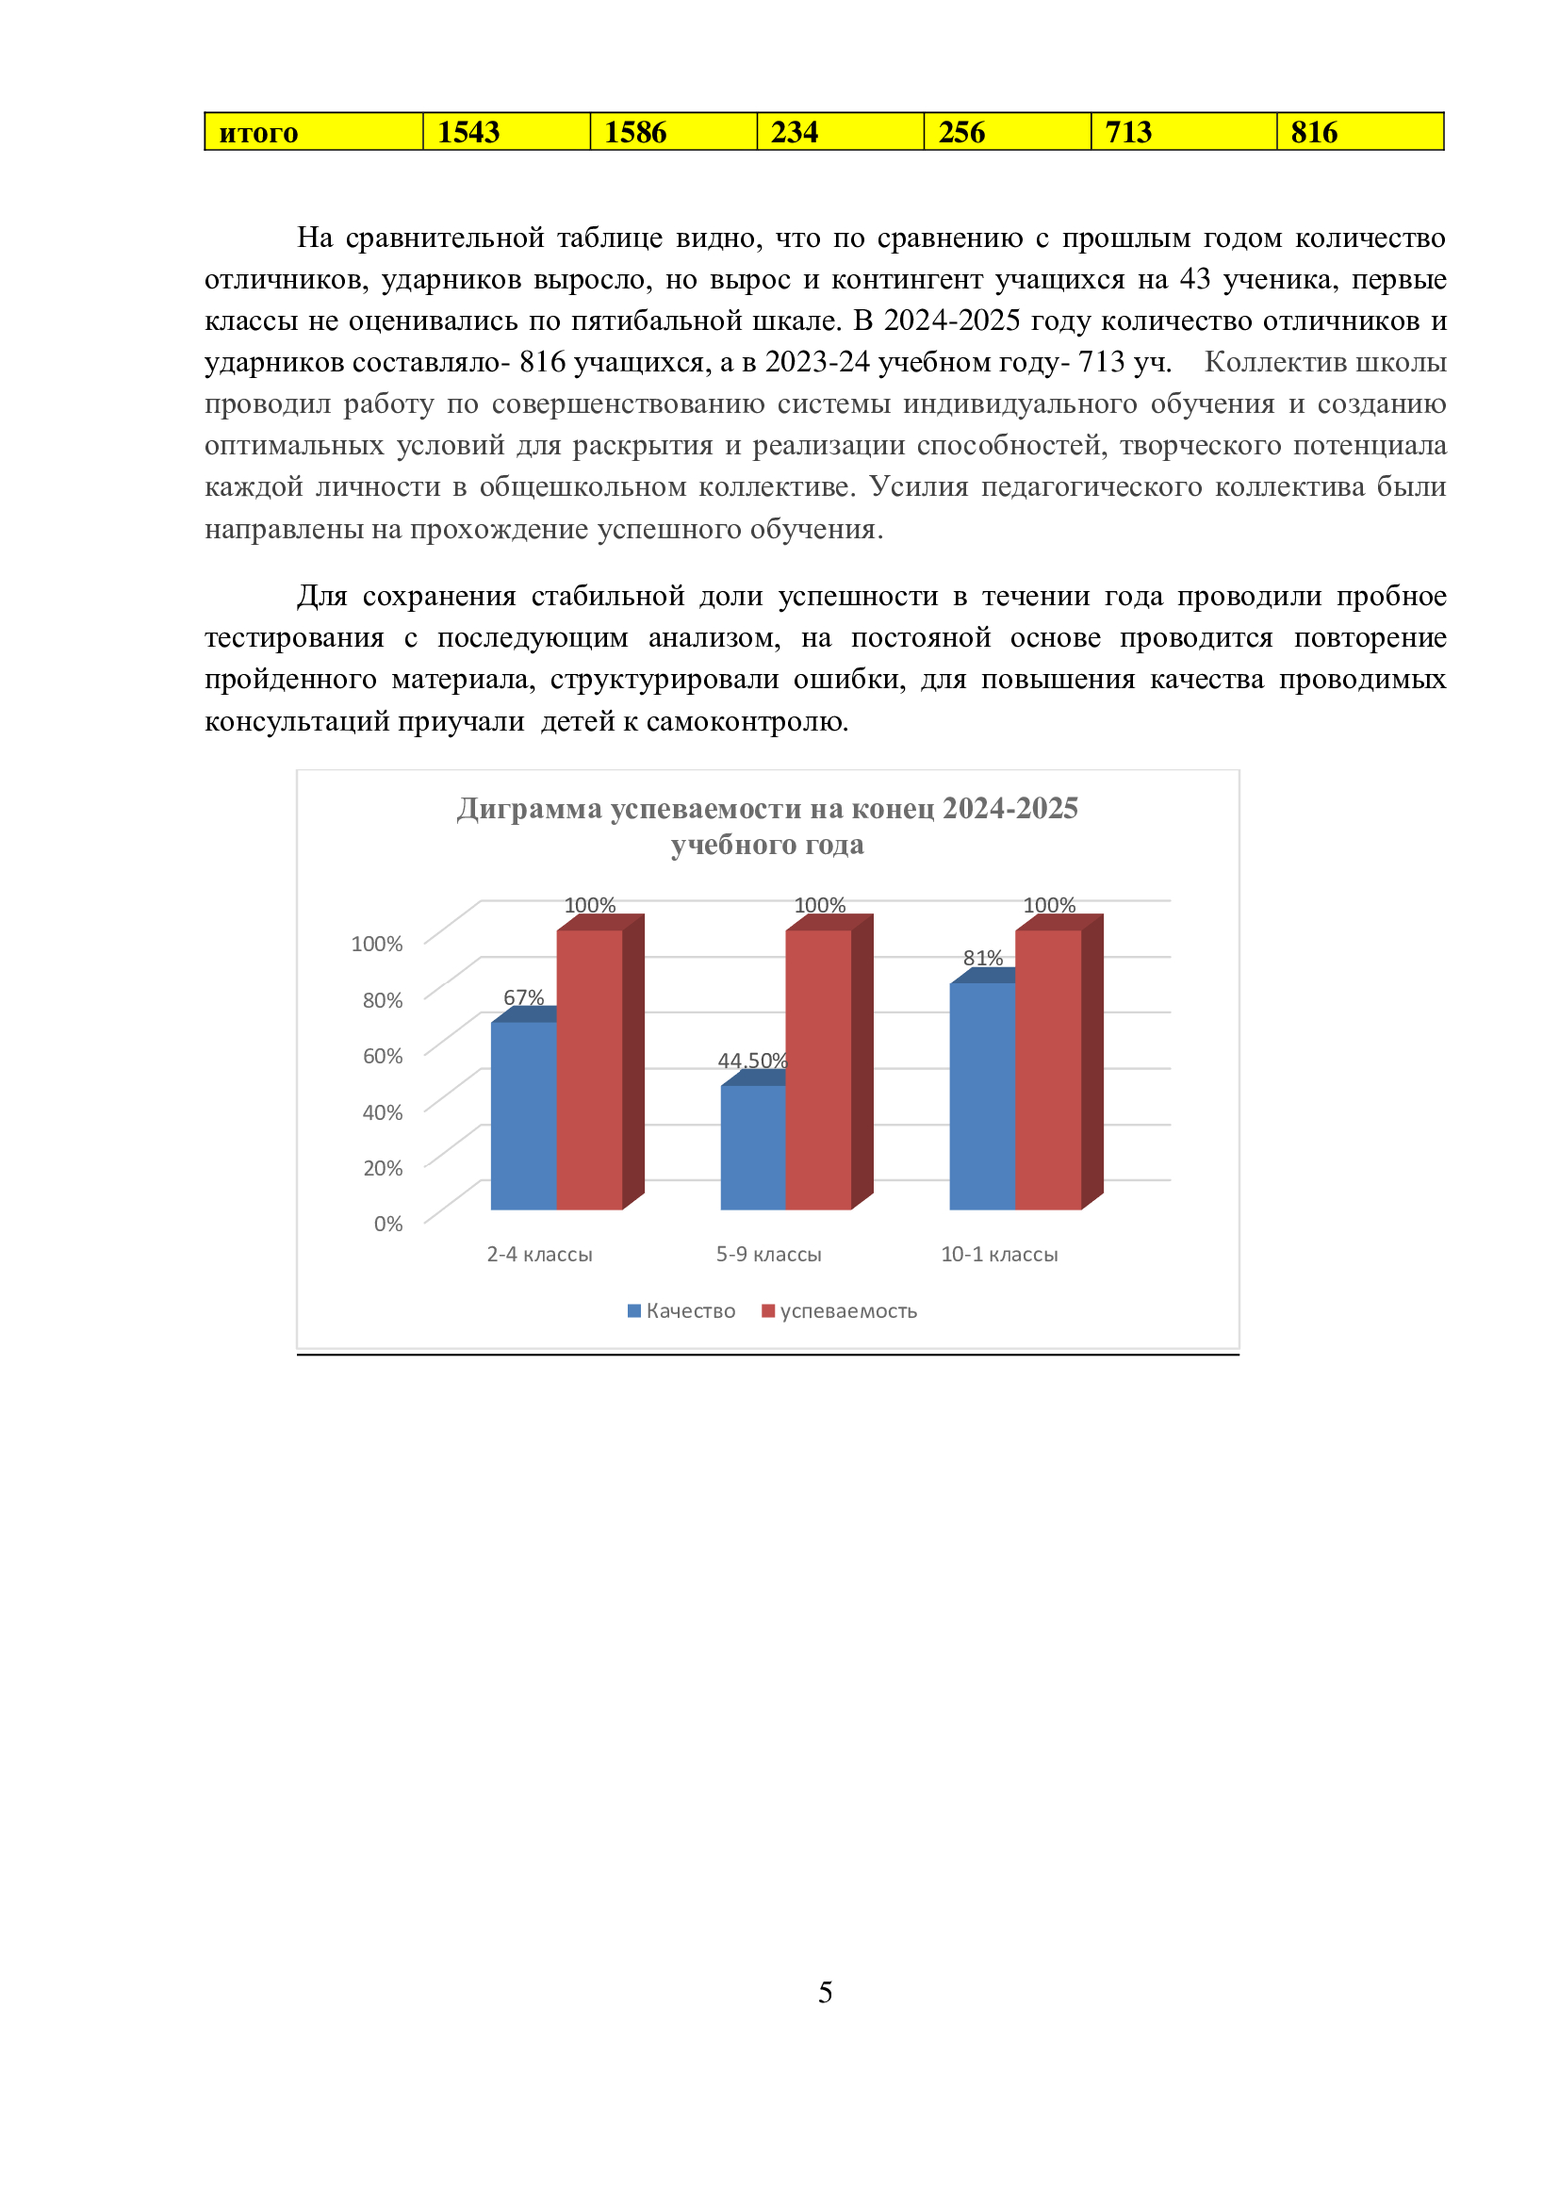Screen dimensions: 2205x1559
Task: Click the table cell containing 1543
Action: tap(506, 132)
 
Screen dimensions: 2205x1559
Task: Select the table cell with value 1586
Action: tap(673, 132)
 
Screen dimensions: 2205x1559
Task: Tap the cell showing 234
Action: tap(840, 132)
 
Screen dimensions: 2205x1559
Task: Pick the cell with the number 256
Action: tap(1007, 132)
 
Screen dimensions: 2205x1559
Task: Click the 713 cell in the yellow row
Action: tap(1183, 132)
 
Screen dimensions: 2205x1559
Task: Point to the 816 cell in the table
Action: tap(1359, 132)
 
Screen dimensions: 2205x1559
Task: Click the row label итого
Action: tap(313, 132)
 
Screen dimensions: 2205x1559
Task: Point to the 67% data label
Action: tap(523, 997)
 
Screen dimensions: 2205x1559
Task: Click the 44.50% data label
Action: tap(752, 1061)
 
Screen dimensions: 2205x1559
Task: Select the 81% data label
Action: tap(983, 958)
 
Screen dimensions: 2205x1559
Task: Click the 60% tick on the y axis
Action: tap(382, 1056)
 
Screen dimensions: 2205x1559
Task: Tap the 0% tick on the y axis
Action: tap(387, 1224)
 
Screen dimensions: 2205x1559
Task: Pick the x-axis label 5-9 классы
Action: tap(769, 1254)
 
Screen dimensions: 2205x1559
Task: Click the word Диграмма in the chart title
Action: tap(529, 809)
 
